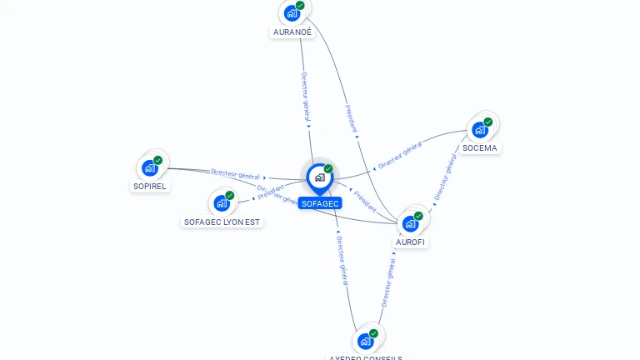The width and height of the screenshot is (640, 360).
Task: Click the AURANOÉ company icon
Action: (x=291, y=13)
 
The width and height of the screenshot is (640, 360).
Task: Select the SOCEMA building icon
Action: (x=479, y=130)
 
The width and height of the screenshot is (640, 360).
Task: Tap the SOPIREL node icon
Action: (x=150, y=167)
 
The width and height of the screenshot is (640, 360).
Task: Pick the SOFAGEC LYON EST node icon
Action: (x=222, y=203)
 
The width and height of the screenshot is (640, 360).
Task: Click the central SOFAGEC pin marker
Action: (x=319, y=177)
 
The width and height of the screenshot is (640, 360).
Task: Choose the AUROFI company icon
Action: (x=410, y=223)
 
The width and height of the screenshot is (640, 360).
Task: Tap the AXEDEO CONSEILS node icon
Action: (x=365, y=341)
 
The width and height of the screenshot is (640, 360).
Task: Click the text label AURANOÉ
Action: (x=292, y=32)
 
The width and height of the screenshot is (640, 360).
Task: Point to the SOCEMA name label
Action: (x=479, y=148)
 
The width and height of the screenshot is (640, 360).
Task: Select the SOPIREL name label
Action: (x=150, y=186)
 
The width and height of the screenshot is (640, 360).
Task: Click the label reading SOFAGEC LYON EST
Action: (x=222, y=222)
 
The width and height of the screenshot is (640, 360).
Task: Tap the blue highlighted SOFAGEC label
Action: (x=320, y=203)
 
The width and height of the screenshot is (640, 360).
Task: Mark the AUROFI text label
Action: (x=411, y=242)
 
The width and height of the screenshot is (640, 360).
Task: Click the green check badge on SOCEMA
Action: (x=488, y=122)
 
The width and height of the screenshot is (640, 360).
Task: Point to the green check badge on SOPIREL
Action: (x=158, y=160)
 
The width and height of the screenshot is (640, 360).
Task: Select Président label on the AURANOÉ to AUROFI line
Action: (x=351, y=117)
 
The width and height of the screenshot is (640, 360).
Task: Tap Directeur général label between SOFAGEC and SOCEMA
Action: (x=400, y=154)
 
